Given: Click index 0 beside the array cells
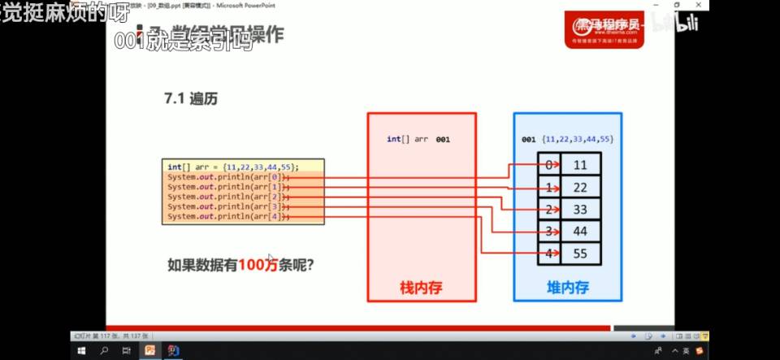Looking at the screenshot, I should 549,166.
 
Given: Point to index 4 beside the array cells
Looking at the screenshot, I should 549,254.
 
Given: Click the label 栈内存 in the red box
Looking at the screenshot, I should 420,288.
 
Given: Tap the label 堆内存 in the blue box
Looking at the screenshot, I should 567,288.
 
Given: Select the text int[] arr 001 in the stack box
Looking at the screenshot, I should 418,140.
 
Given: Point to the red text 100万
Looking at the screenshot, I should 258,264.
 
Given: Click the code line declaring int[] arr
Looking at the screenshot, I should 233,166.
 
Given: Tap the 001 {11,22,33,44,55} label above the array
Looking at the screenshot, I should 567,140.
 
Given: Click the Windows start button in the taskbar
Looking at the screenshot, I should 82,351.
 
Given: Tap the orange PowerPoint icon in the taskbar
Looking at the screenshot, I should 149,351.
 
